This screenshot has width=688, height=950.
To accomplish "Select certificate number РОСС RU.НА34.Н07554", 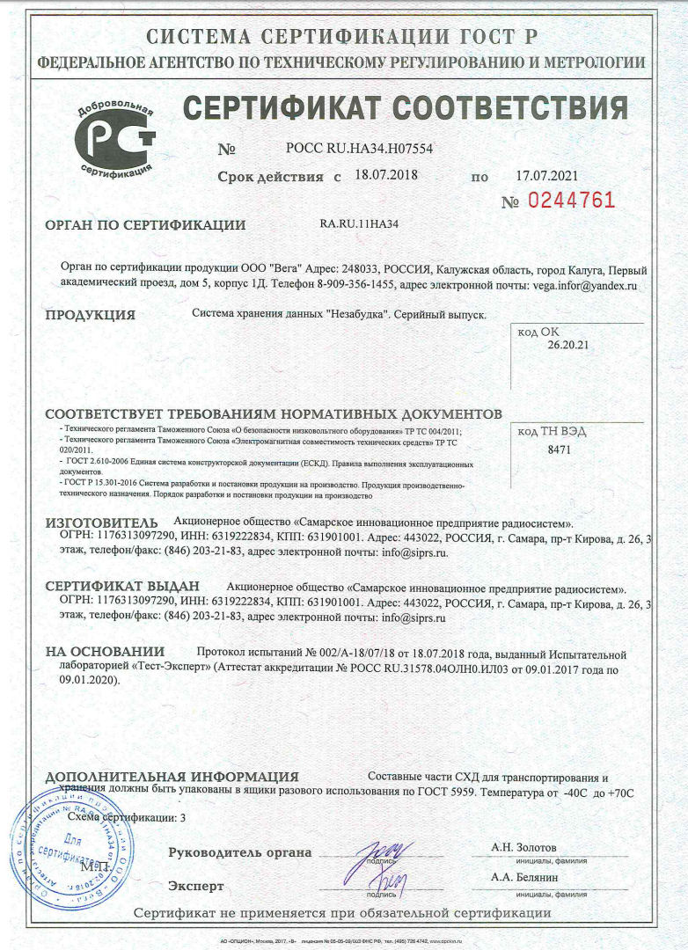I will coord(359,149).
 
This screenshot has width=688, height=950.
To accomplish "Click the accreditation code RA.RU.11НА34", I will coord(359,224).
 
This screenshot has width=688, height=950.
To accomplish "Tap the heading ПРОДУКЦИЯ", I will coord(90,315).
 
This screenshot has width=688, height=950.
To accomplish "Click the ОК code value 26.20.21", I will coord(567,346).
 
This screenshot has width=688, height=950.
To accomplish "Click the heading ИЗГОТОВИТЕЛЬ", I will coord(101,523).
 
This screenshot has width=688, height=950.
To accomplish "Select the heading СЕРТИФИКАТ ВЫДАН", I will coord(122,586).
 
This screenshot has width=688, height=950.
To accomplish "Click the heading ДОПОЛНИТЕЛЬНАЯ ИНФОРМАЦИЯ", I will coord(172,777).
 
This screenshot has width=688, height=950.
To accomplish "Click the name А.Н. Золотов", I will coord(523,847).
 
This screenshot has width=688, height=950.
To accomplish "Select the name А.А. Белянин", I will coord(525,878).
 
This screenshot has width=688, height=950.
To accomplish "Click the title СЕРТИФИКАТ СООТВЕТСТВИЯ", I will coord(405,109).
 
